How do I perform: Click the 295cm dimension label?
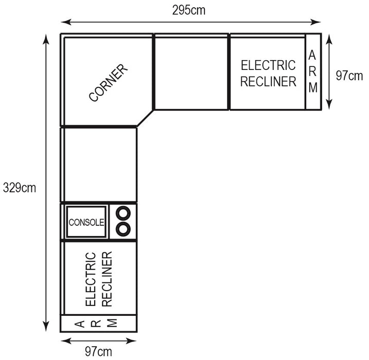[189, 10]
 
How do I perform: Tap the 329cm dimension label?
[19, 188]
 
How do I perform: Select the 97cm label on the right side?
[349, 76]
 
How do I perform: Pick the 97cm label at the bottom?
[98, 352]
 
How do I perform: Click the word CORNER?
[108, 83]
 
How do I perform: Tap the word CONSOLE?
[86, 222]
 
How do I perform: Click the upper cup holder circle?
[123, 213]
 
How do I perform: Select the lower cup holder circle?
[123, 228]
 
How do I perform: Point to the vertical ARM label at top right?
[313, 71]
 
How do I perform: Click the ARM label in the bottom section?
[96, 323]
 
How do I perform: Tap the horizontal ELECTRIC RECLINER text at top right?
[268, 74]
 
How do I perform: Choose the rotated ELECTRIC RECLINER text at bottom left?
[99, 279]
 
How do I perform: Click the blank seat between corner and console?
[100, 165]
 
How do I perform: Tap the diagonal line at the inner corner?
[145, 118]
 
